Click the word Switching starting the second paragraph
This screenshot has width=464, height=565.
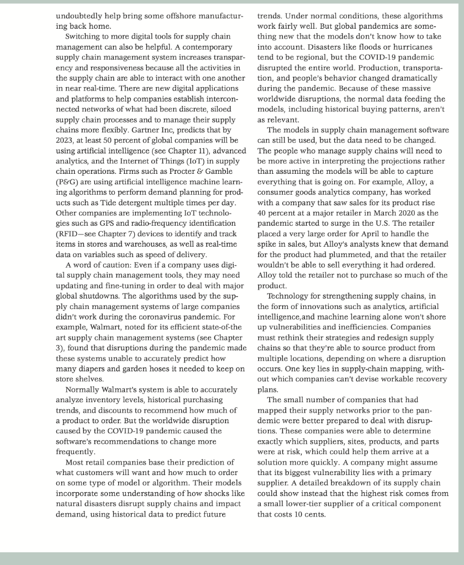[x=85, y=36]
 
